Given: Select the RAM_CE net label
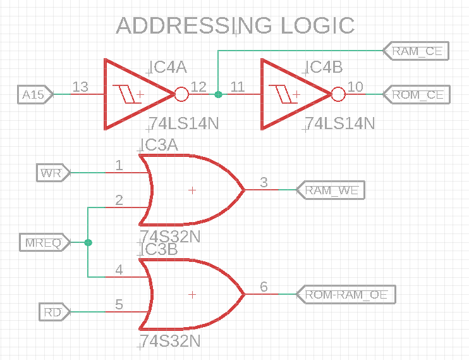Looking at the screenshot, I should pyautogui.click(x=417, y=51).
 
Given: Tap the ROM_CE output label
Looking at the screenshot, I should pyautogui.click(x=417, y=95).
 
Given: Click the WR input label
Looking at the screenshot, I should pyautogui.click(x=51, y=172).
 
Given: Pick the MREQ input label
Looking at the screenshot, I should pyautogui.click(x=43, y=242).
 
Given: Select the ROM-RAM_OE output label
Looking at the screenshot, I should pyautogui.click(x=346, y=294).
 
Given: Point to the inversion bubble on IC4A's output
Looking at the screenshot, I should pyautogui.click(x=181, y=95).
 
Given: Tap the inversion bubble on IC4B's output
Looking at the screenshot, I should pyautogui.click(x=338, y=95).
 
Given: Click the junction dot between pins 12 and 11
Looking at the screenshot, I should pyautogui.click(x=218, y=95).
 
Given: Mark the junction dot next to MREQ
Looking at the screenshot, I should pyautogui.click(x=88, y=242).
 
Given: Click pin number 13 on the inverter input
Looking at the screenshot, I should pyautogui.click(x=80, y=87).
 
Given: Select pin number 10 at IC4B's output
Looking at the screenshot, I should pyautogui.click(x=355, y=87).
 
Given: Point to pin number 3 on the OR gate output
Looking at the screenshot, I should pyautogui.click(x=264, y=182).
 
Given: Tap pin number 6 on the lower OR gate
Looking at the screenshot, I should pyautogui.click(x=264, y=287).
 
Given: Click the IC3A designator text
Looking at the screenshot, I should pyautogui.click(x=160, y=146).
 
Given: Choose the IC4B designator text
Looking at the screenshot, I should pyautogui.click(x=325, y=68).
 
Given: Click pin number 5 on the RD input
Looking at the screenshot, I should pyautogui.click(x=119, y=304).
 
